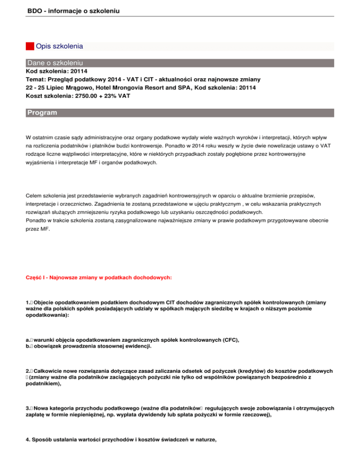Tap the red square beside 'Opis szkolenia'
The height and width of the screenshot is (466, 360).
click(x=30, y=46)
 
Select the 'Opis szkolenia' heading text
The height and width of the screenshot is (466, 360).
click(x=60, y=46)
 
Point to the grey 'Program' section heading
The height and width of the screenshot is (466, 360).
click(x=42, y=113)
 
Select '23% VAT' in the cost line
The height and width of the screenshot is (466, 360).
click(x=115, y=96)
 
